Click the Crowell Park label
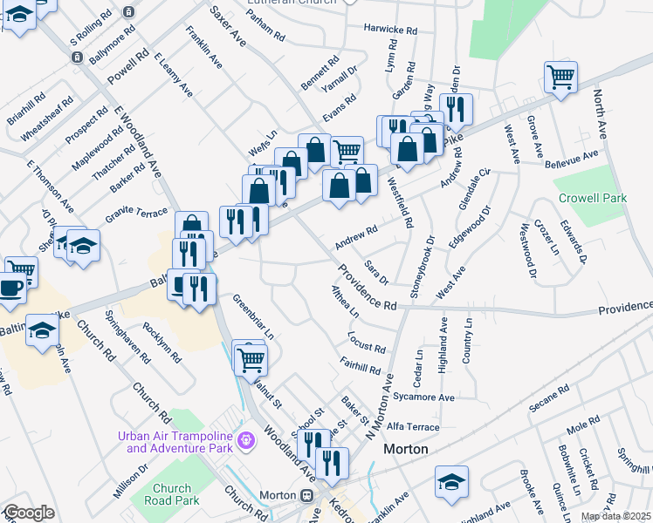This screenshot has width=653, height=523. [x=593, y=199]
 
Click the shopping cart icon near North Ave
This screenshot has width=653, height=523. [x=560, y=77]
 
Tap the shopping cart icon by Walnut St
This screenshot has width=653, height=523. [x=251, y=357]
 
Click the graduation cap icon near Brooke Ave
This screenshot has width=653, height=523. [x=451, y=480]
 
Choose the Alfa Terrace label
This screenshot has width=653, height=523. [x=414, y=427]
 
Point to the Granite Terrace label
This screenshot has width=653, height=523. [x=136, y=213]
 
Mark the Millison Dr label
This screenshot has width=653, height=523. [x=130, y=481]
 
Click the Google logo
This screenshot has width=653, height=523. [x=29, y=513]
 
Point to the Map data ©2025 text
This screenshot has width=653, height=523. [x=615, y=517]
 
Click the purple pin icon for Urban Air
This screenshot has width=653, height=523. [x=247, y=438]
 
